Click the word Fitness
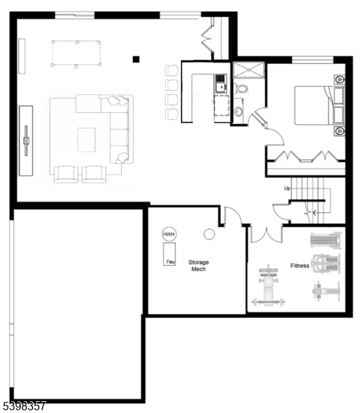click(x=299, y=266)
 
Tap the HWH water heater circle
click(x=169, y=235)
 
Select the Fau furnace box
click(x=169, y=261)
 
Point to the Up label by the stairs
click(x=287, y=188)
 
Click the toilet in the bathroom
click(x=242, y=89)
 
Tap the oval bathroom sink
click(x=238, y=111)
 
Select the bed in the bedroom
click(x=315, y=105)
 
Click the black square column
click(x=136, y=59)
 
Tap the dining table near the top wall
click(x=76, y=53)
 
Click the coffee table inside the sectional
click(x=86, y=139)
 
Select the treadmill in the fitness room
click(x=326, y=240)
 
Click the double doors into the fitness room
click(x=266, y=233)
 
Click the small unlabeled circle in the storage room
click(x=209, y=234)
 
